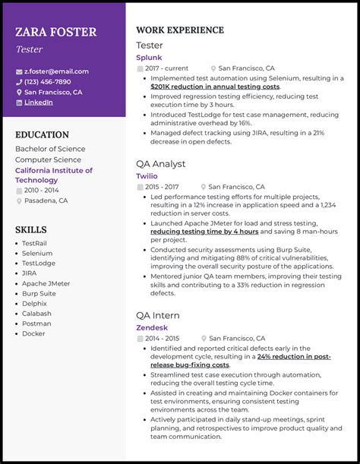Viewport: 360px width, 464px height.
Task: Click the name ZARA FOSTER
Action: (55, 32)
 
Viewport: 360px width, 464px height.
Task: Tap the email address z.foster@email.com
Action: (56, 71)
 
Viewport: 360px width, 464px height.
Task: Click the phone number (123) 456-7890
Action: (47, 82)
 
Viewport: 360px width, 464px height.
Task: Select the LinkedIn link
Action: (39, 103)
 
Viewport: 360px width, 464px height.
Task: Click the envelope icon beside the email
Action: (19, 71)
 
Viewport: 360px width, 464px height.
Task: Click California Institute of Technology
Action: (53, 175)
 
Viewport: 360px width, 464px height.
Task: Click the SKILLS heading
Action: (31, 230)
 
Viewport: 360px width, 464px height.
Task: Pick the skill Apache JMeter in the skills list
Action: (46, 283)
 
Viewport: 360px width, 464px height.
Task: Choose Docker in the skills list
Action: (33, 333)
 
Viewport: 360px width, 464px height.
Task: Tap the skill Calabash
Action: (36, 313)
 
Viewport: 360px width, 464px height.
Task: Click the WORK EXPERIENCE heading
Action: (180, 30)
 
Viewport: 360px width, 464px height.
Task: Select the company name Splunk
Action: (149, 57)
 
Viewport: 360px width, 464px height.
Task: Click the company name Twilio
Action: (147, 175)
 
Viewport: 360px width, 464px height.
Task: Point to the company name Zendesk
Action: (151, 327)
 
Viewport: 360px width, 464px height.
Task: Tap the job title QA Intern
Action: (158, 315)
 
